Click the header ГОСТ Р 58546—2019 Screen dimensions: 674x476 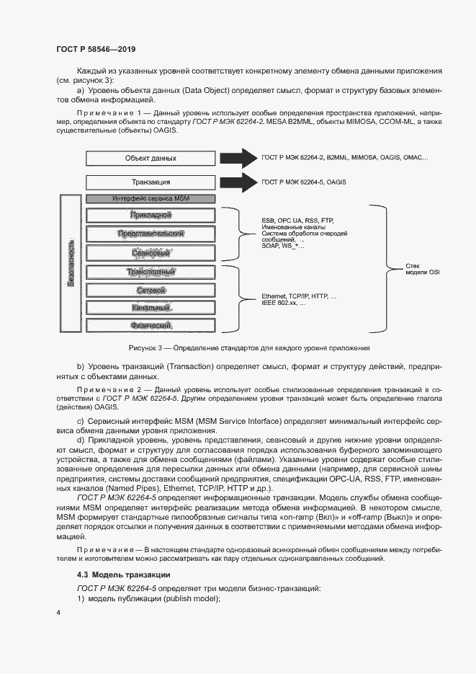(x=96, y=49)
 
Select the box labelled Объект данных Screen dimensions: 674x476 (x=150, y=158)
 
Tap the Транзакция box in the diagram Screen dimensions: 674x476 (x=150, y=182)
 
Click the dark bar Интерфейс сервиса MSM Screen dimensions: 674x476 (x=150, y=198)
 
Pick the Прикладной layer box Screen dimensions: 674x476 (x=150, y=215)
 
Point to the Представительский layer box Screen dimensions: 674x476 (x=150, y=234)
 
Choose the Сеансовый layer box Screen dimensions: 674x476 (x=150, y=253)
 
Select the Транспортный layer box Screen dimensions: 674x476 (x=150, y=272)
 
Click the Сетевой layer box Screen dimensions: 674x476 (x=150, y=290)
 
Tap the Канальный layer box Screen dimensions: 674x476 (x=150, y=308)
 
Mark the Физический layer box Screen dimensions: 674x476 (x=150, y=326)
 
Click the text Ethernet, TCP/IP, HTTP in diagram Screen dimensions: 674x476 (x=298, y=296)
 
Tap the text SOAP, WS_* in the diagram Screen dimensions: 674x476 (x=282, y=247)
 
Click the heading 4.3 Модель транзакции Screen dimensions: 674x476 (x=123, y=575)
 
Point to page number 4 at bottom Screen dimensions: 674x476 (x=58, y=613)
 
